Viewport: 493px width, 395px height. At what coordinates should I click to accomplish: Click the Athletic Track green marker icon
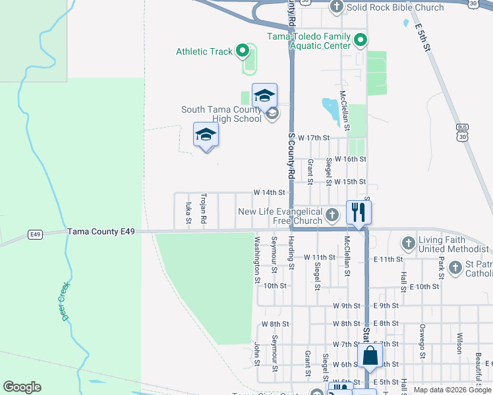click(x=243, y=51)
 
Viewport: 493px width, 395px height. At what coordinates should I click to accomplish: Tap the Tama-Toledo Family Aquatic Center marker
click(x=361, y=41)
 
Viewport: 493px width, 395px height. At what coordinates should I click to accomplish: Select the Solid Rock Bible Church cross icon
click(x=337, y=7)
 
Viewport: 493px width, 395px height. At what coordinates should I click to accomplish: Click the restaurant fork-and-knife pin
click(x=359, y=213)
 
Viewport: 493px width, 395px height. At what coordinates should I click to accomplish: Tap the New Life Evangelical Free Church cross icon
click(x=332, y=215)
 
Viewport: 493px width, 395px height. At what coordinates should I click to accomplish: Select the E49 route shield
click(x=36, y=234)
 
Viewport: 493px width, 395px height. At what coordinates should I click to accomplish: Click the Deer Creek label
click(x=67, y=300)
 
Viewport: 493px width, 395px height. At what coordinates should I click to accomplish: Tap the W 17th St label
click(x=313, y=138)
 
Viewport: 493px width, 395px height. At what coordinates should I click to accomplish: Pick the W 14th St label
click(x=269, y=192)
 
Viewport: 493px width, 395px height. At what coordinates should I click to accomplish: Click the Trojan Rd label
click(x=204, y=208)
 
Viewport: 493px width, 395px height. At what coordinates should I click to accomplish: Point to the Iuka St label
click(x=188, y=213)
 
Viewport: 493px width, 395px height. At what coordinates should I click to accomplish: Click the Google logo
click(x=22, y=387)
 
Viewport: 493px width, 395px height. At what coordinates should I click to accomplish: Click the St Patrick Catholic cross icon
click(x=455, y=267)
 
